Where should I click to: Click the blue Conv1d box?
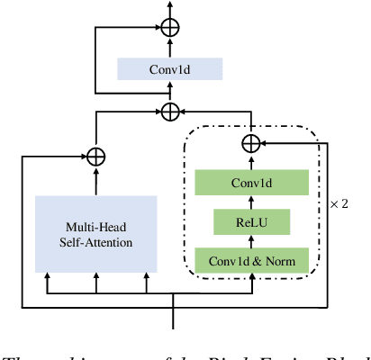[x=169, y=69]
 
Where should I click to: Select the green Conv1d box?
[x=251, y=183]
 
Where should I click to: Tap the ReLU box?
[x=251, y=221]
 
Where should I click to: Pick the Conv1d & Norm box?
[x=251, y=261]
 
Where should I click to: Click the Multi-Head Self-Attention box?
[x=95, y=234]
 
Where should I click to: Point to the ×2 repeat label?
[x=339, y=204]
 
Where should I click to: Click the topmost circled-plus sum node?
[x=169, y=27]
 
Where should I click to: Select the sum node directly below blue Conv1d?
[x=169, y=112]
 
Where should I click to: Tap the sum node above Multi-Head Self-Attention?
[x=95, y=155]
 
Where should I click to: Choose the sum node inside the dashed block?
[x=251, y=143]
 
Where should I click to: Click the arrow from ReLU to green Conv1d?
[x=251, y=202]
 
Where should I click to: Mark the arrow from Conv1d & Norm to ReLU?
[x=251, y=241]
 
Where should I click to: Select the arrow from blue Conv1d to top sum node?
[x=169, y=47]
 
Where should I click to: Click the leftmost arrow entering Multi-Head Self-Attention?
[x=47, y=284]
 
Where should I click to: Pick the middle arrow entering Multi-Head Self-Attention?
[x=95, y=284]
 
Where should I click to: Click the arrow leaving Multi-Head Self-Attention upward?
[x=95, y=180]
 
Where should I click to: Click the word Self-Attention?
[x=95, y=243]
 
